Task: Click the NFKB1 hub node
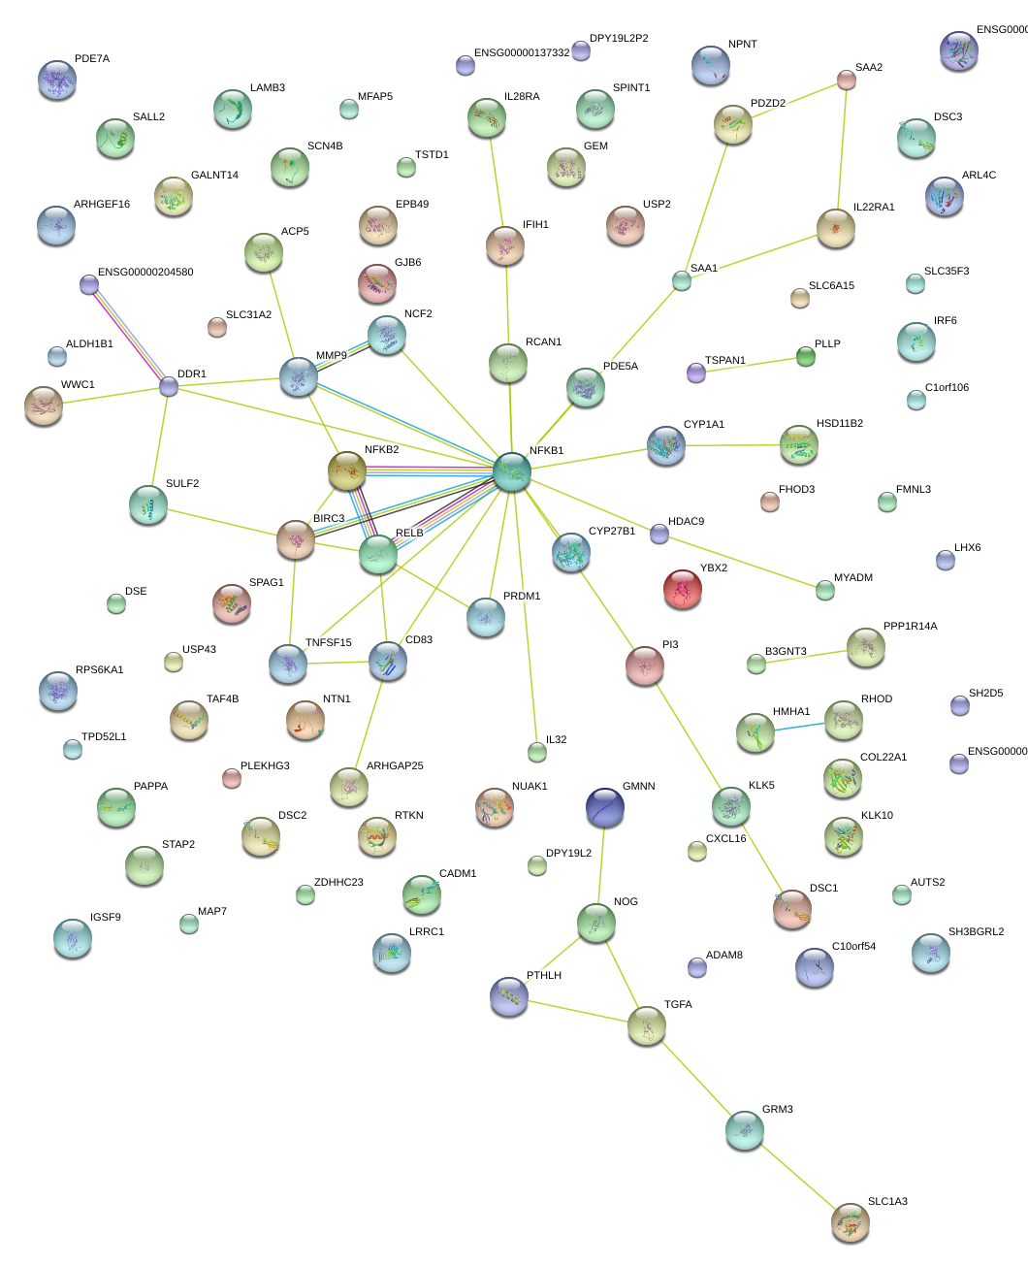[x=512, y=471]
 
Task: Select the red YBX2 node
[x=683, y=589]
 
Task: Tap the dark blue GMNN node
[x=605, y=807]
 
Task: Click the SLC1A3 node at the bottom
[x=851, y=1222]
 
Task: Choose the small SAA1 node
[x=682, y=281]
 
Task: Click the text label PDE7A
[x=92, y=59]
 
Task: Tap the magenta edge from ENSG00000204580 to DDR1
[x=127, y=333]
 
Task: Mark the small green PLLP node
[x=806, y=356]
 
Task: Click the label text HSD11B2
[x=839, y=424]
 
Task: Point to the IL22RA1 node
[x=835, y=228]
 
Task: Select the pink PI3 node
[x=645, y=665]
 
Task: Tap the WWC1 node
[x=44, y=406]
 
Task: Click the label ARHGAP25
[x=395, y=766]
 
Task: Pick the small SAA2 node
[x=847, y=80]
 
